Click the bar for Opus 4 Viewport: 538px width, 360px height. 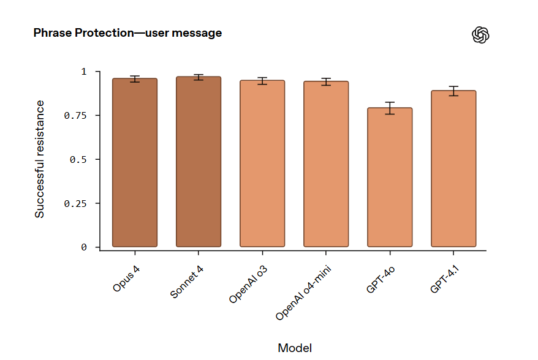click(x=135, y=163)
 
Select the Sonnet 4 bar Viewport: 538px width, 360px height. click(x=199, y=162)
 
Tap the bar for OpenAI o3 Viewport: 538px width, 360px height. click(x=262, y=164)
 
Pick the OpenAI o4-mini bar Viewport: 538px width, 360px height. click(x=326, y=165)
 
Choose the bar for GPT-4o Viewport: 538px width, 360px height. click(x=390, y=178)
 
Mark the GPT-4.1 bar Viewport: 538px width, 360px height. click(x=453, y=169)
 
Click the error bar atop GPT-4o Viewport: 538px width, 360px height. click(x=390, y=108)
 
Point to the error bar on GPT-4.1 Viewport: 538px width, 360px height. click(x=453, y=91)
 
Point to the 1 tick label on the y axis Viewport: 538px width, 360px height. click(x=85, y=72)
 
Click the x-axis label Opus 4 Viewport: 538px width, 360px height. click(x=127, y=278)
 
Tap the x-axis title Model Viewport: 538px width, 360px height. click(x=295, y=348)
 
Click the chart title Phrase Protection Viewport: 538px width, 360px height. click(x=127, y=33)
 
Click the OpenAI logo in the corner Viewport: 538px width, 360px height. click(x=481, y=35)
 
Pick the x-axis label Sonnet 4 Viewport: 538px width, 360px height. click(x=186, y=282)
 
